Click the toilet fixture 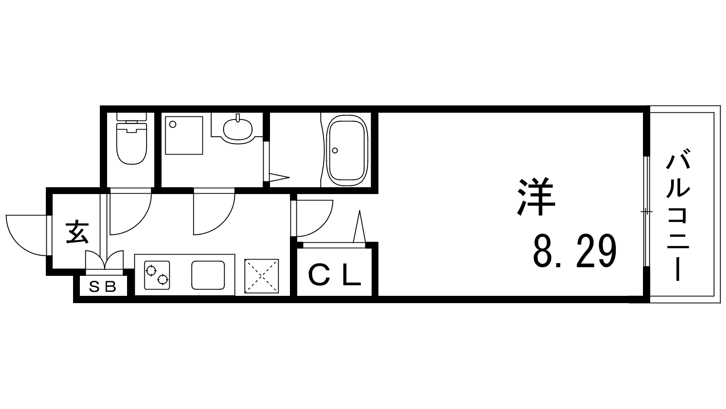132,139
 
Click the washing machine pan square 184,135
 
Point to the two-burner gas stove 157,275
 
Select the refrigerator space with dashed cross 261,276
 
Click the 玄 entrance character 78,232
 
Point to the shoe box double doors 104,261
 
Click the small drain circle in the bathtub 335,150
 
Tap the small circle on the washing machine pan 172,123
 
